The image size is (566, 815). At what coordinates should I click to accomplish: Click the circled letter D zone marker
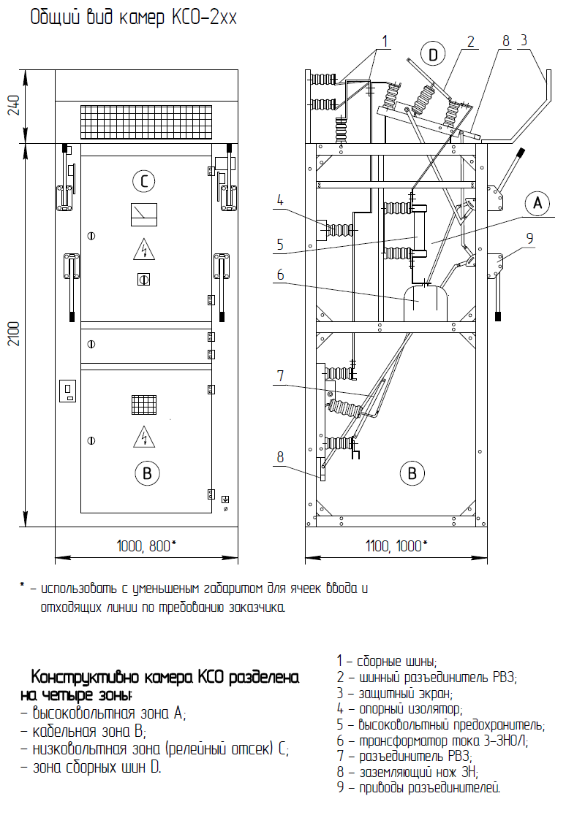433,54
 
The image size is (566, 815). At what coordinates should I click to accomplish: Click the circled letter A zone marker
537,202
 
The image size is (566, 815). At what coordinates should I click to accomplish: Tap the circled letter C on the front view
144,181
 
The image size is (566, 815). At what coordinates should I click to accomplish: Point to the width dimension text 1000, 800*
146,546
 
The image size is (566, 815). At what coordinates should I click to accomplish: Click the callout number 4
280,201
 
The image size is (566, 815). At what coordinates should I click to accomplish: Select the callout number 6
281,275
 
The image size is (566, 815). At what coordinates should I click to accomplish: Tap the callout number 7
281,375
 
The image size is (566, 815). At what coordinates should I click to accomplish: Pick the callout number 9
529,238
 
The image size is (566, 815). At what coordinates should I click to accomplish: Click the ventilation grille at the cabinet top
146,122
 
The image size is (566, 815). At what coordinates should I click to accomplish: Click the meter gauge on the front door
144,214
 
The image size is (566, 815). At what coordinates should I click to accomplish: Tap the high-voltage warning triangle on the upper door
144,250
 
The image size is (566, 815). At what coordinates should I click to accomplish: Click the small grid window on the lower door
144,405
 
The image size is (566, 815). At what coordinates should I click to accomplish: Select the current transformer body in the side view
426,303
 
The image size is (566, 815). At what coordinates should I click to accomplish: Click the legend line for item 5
440,724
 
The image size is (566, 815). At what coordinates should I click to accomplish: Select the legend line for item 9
418,788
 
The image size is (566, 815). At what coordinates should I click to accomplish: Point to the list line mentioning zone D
91,768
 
